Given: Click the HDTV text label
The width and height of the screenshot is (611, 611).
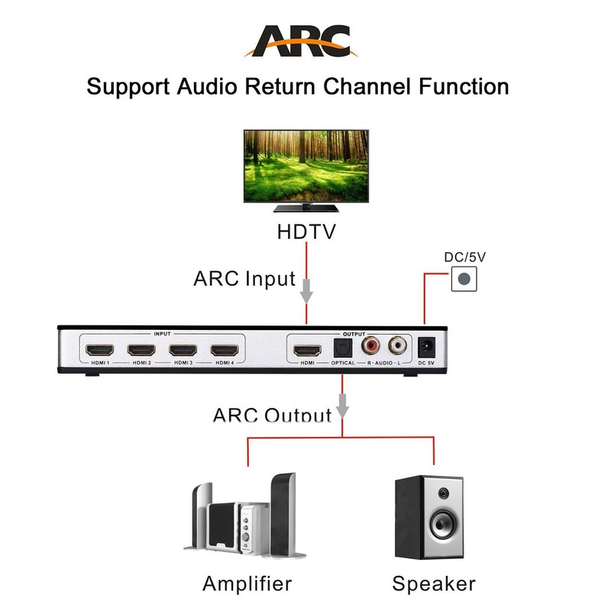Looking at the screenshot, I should (x=305, y=231).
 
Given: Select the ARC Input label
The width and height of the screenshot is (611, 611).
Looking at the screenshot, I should (x=244, y=278).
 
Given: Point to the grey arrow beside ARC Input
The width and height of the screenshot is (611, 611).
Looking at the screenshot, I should (x=306, y=289).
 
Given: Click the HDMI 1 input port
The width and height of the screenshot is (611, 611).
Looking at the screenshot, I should (x=99, y=351).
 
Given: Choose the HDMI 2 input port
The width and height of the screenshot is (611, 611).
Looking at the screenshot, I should (x=141, y=351).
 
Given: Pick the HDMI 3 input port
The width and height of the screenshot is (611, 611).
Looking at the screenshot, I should (x=183, y=351).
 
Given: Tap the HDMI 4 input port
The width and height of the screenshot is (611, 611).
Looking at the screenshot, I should (x=225, y=351).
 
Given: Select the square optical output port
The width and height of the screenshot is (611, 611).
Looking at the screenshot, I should (x=342, y=349).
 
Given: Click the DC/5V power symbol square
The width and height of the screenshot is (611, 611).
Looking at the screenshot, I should (x=462, y=280).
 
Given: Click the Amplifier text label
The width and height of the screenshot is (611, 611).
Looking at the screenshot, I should (x=247, y=584).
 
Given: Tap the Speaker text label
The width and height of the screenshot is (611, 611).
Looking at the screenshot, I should (x=434, y=584).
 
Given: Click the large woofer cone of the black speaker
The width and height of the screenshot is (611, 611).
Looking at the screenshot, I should (x=442, y=524).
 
